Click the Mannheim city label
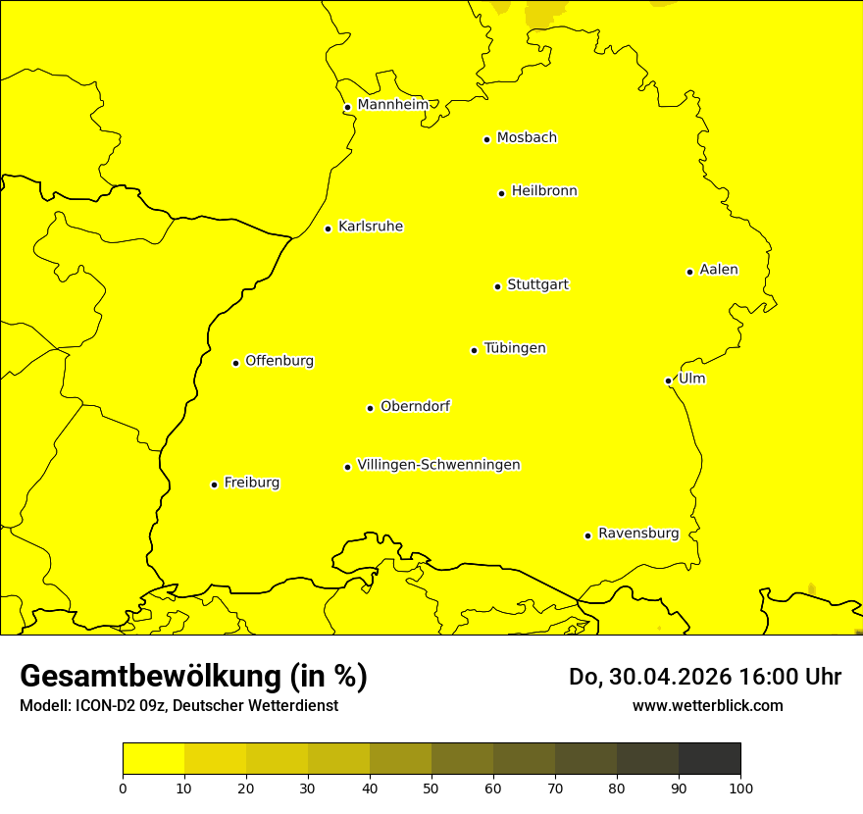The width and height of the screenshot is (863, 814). click(x=392, y=105)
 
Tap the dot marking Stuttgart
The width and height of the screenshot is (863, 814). click(x=497, y=286)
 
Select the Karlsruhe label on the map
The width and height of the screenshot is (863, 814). click(x=371, y=227)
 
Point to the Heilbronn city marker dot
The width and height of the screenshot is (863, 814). click(x=501, y=193)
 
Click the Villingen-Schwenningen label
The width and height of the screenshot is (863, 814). click(x=439, y=465)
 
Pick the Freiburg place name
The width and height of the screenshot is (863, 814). click(x=251, y=483)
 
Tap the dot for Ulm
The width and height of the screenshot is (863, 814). click(x=668, y=381)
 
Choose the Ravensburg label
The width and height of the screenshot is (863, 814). click(x=638, y=534)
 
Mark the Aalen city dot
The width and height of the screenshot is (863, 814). click(x=689, y=272)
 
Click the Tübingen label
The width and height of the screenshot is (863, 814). click(x=515, y=348)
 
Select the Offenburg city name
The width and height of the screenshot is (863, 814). click(x=279, y=361)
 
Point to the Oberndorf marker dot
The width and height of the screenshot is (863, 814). click(x=370, y=408)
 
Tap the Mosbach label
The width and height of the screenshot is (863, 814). click(x=527, y=138)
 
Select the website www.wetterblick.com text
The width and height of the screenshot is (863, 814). click(x=707, y=705)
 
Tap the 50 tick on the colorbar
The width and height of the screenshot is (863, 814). click(x=431, y=787)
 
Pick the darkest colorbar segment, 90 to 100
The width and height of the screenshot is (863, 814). click(x=709, y=758)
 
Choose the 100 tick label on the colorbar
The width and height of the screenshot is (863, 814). click(x=740, y=787)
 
